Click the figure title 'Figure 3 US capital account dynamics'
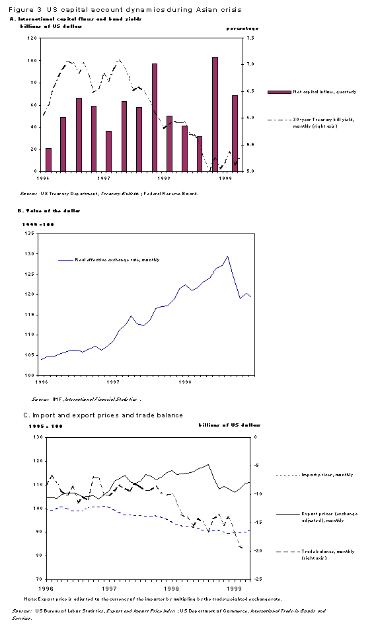tap(126, 10)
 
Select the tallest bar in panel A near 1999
tap(215, 114)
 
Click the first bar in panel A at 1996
tap(48, 159)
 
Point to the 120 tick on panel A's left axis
tap(32, 38)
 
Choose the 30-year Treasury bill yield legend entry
tap(316, 122)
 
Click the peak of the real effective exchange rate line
tap(227, 256)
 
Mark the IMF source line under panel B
tap(86, 399)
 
